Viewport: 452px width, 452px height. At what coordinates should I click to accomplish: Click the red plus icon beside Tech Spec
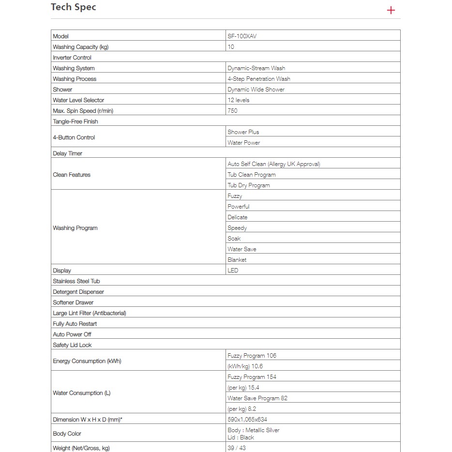pos(391,10)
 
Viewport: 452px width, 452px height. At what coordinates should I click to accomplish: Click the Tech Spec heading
pos(74,8)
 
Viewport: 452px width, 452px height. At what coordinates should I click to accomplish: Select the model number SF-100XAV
pos(242,36)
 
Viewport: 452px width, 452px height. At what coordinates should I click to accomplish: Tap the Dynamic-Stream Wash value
pos(259,68)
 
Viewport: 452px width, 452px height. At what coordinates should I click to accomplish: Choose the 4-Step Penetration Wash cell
pos(259,79)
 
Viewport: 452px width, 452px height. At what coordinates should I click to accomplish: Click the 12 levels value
pos(239,100)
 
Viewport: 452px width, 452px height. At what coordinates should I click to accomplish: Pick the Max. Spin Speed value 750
pos(233,111)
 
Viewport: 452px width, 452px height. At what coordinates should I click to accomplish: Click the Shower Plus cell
pos(243,132)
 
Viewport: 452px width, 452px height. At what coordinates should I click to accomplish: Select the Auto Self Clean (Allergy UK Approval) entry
pos(274,164)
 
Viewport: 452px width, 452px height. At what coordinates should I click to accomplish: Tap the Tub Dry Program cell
pos(249,185)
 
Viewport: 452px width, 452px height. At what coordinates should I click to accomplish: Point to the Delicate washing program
pos(238,217)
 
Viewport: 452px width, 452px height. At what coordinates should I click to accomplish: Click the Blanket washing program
pos(237,260)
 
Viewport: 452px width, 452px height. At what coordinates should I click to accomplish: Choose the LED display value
pos(233,271)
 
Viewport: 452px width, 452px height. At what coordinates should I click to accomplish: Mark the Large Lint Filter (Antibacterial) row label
pos(90,313)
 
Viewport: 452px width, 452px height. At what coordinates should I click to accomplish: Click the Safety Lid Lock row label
pos(72,345)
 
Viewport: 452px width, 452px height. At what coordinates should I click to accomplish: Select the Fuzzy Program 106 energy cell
pos(252,356)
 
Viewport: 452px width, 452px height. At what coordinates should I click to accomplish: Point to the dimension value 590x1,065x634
pos(247,420)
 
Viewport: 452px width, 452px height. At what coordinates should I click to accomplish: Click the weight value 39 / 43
pos(237,448)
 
